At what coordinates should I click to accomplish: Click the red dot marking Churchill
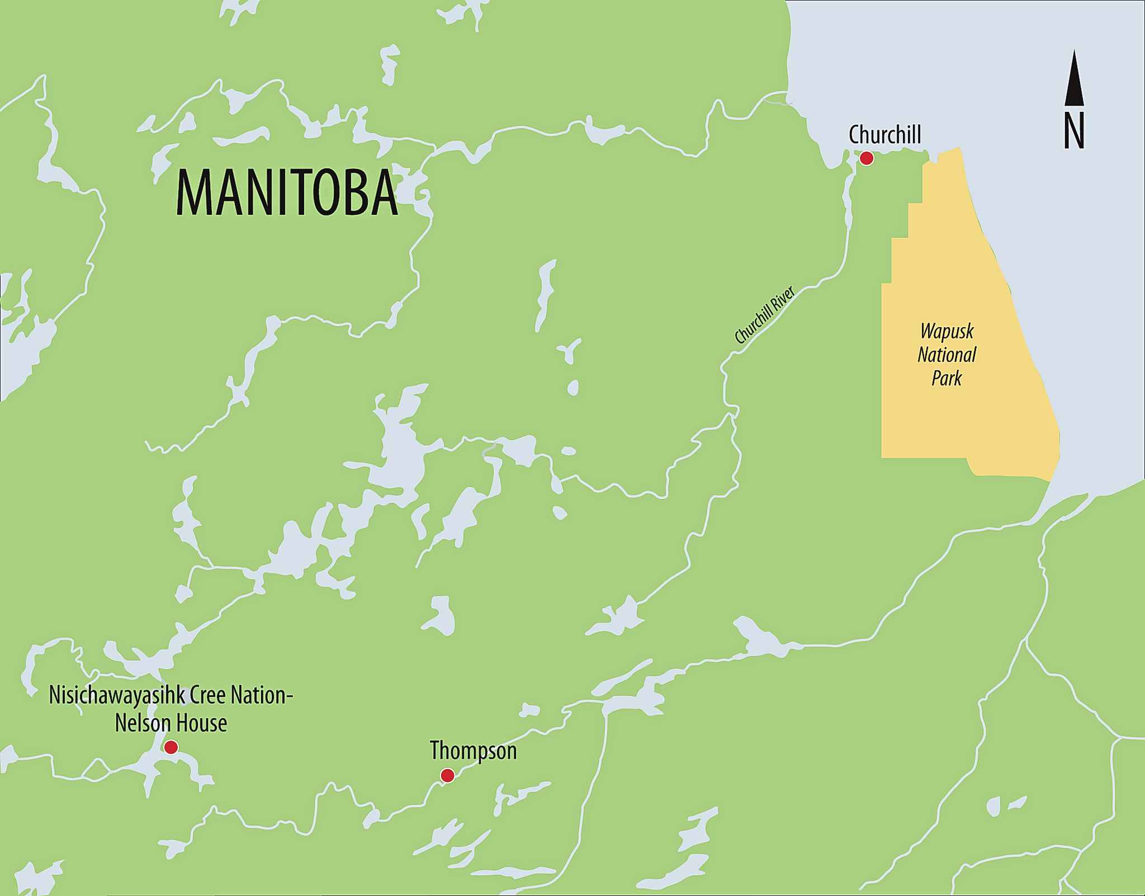point(866,159)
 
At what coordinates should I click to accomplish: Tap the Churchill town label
point(884,135)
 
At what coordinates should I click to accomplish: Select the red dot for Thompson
point(447,775)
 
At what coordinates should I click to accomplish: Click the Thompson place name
point(473,751)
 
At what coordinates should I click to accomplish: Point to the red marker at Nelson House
point(171,747)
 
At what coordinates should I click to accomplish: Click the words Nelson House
point(171,723)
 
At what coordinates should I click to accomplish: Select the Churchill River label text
point(764,316)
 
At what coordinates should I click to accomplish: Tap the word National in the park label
point(947,355)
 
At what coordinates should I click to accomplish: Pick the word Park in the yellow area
point(946,378)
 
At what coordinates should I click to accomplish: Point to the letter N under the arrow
point(1073,131)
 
